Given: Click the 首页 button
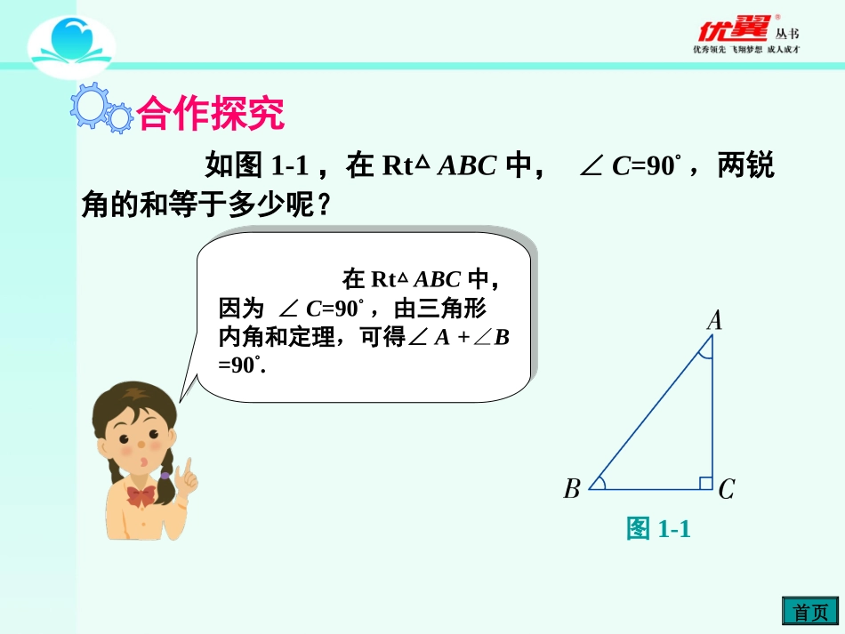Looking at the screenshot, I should (x=809, y=613).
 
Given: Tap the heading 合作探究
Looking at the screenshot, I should (x=211, y=113).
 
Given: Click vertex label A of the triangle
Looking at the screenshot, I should (x=714, y=320).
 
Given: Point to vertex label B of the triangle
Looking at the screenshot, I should (x=572, y=489).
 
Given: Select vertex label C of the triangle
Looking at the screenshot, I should (x=726, y=489).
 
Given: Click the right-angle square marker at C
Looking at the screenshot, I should (x=705, y=483).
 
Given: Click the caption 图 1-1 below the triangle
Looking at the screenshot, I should (x=658, y=529).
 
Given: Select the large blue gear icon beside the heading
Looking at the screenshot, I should (x=89, y=104).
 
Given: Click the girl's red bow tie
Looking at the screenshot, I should (x=141, y=494).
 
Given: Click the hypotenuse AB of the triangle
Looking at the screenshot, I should (x=649, y=417).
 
